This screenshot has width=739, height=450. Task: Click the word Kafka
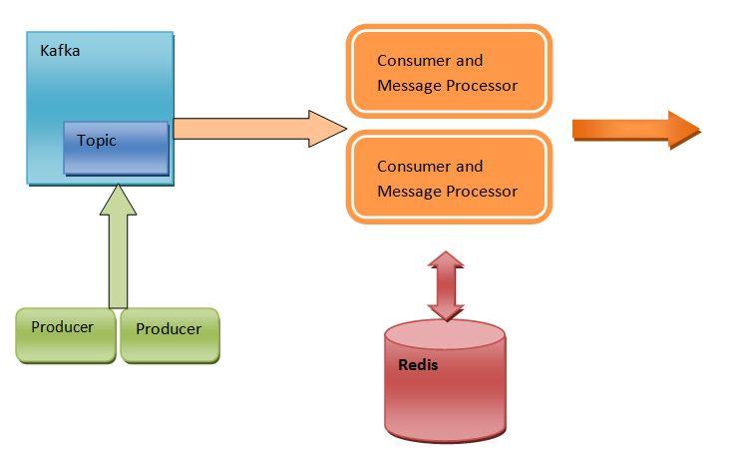click(x=60, y=50)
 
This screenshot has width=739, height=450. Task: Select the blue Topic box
click(x=116, y=148)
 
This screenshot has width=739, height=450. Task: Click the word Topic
click(x=97, y=141)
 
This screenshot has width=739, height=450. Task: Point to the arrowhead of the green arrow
click(x=118, y=198)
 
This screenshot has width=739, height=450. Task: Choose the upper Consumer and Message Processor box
click(x=448, y=72)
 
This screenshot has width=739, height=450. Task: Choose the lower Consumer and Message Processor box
click(x=448, y=178)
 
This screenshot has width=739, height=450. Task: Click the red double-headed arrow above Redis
click(x=445, y=284)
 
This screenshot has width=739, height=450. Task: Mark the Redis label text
click(x=417, y=364)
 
